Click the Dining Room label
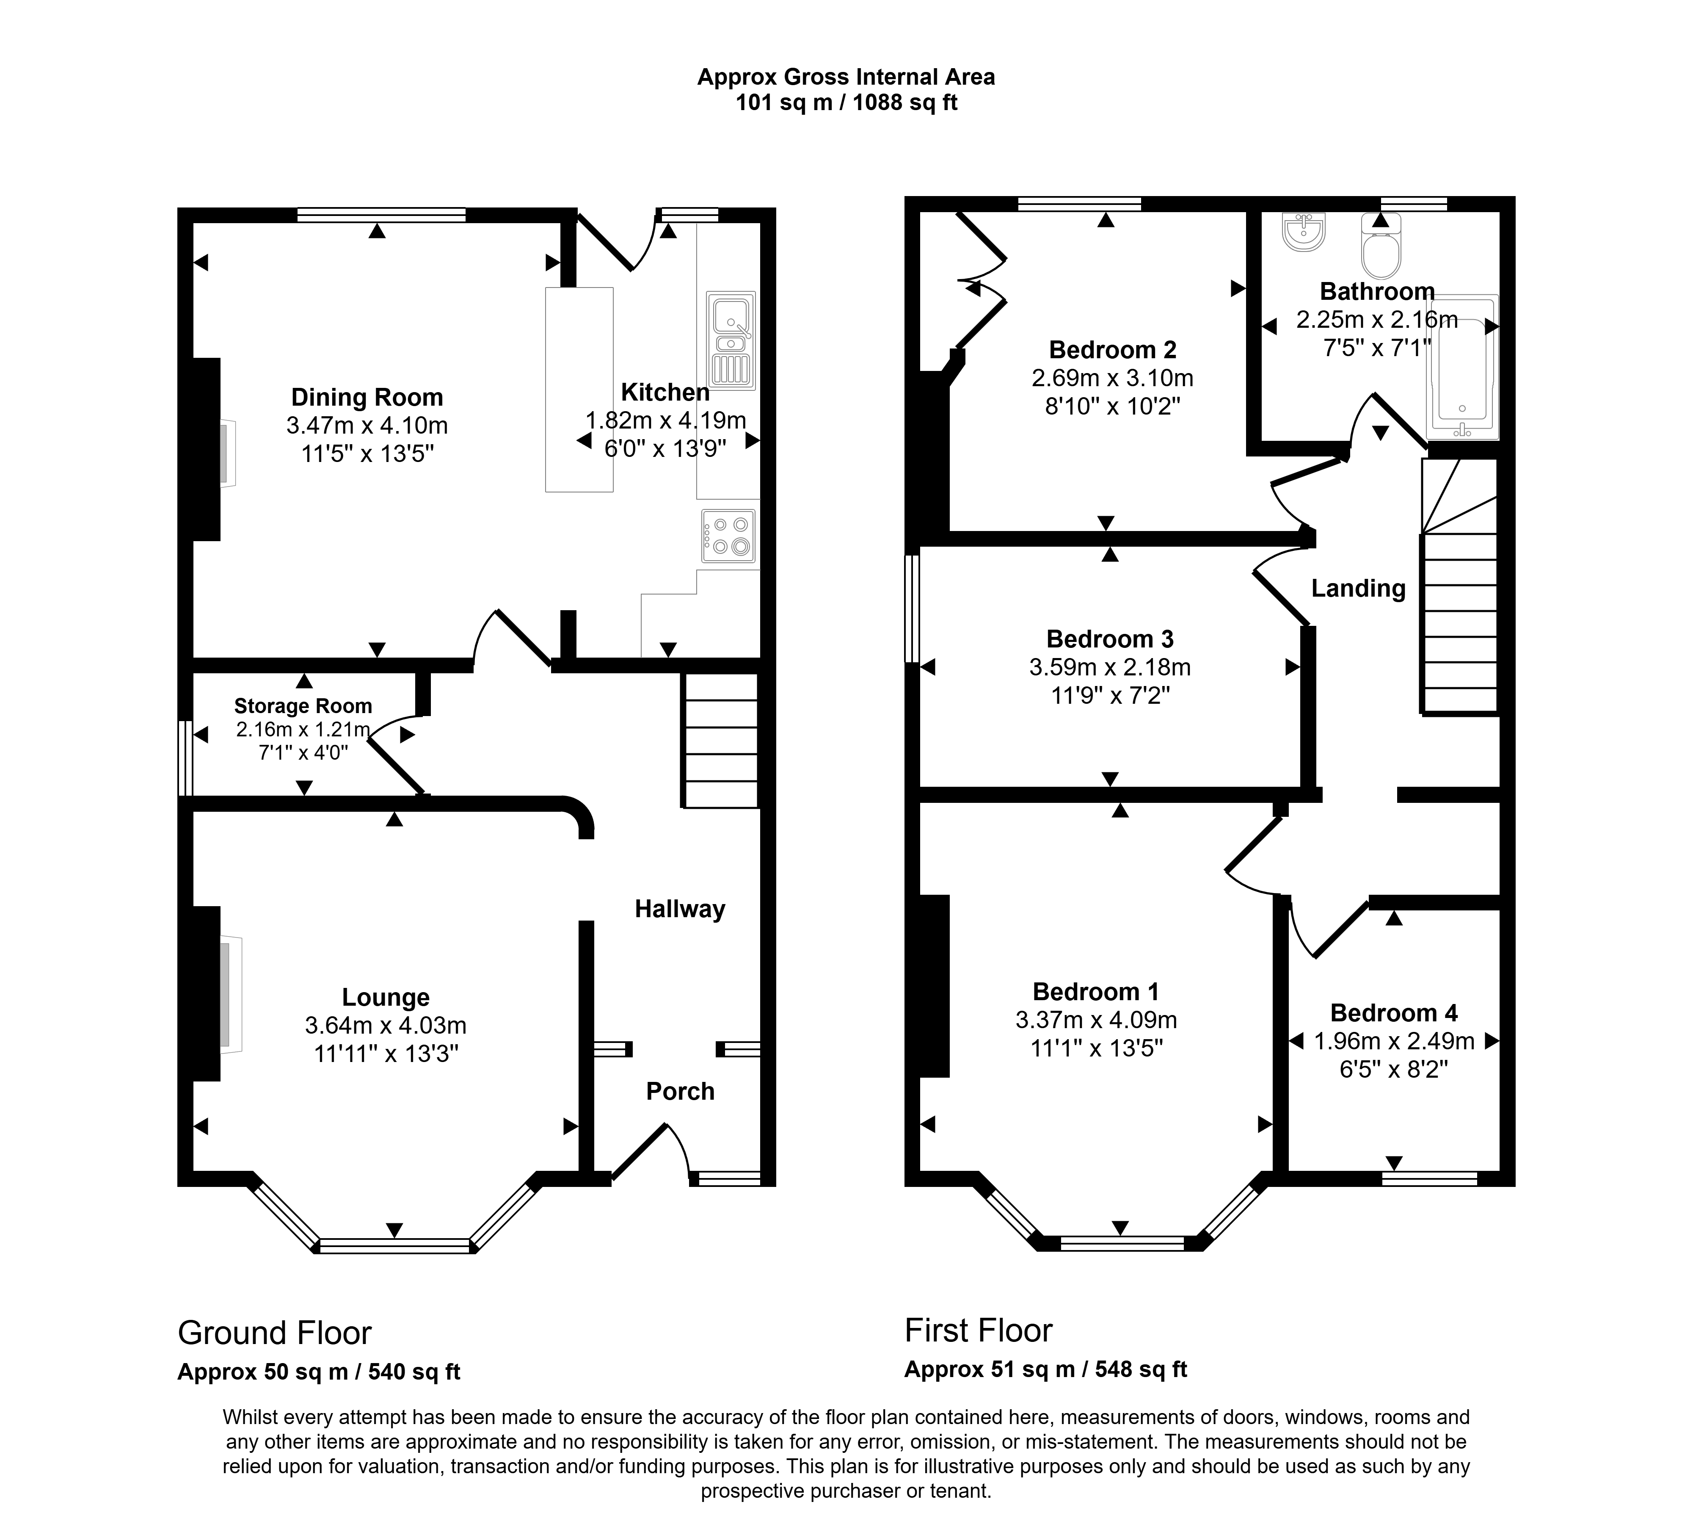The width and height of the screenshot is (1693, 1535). pos(367,397)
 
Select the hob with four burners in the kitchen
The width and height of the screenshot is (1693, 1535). pos(729,536)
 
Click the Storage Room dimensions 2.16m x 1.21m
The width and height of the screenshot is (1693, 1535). pos(302,729)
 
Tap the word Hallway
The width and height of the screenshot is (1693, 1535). pos(679,909)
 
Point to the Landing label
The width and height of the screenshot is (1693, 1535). pos(1358,588)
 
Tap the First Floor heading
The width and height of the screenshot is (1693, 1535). pos(979,1331)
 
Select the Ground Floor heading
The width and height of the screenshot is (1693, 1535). pos(275,1333)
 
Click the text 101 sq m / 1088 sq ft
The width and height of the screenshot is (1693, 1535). pos(846,102)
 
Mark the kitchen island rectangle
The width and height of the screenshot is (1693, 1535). pos(579,389)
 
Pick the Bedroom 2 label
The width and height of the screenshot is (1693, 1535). pos(1113,349)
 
